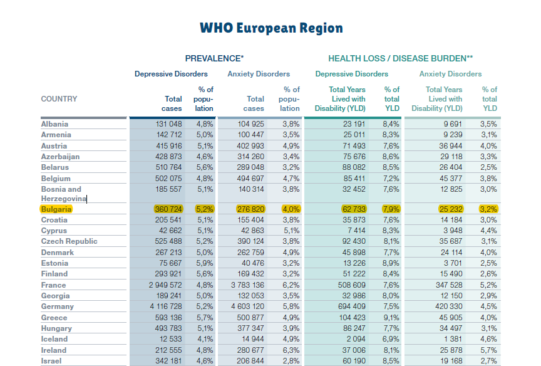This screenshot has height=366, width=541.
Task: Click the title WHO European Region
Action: tap(271, 28)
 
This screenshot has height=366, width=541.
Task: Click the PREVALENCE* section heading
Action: tap(214, 58)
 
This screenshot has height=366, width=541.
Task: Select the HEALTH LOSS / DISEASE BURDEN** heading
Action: tap(401, 58)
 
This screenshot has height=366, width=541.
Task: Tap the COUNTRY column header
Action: tap(59, 99)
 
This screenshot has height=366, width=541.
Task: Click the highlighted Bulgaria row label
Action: tap(56, 209)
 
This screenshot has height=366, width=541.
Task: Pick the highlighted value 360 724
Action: tap(168, 209)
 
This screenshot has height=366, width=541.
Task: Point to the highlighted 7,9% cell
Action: tap(391, 209)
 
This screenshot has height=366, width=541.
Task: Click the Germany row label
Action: tap(58, 306)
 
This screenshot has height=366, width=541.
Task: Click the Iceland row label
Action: tap(55, 339)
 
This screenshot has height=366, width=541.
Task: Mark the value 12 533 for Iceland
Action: tap(169, 339)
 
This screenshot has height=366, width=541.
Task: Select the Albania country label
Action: tap(55, 124)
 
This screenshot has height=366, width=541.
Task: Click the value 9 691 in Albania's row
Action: tap(453, 124)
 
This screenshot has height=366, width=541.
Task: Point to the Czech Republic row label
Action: tap(70, 241)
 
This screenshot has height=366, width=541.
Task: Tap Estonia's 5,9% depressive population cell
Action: tap(205, 263)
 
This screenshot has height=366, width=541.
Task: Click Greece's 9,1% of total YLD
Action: tap(391, 318)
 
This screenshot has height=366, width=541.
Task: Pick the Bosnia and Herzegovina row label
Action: tap(63, 194)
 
